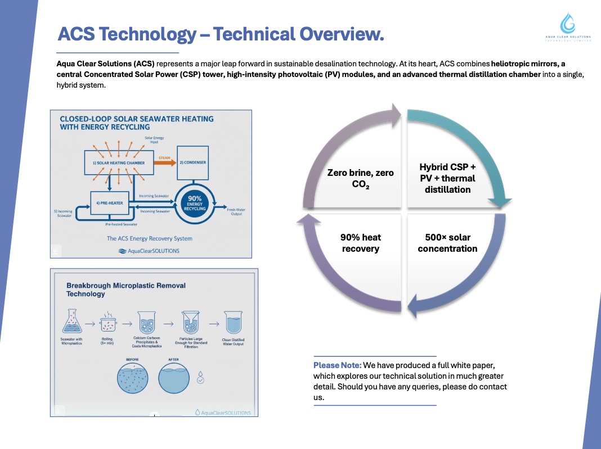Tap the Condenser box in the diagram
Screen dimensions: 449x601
[x=193, y=162]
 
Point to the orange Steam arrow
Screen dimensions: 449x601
[x=165, y=163]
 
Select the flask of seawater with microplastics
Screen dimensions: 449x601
[x=71, y=323]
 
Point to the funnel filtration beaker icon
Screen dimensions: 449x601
[x=190, y=324]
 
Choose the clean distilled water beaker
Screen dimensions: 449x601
[x=233, y=323]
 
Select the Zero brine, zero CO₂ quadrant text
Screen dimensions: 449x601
[x=360, y=178]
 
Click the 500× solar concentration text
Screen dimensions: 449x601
[x=447, y=243]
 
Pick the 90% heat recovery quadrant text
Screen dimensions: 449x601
[x=360, y=243]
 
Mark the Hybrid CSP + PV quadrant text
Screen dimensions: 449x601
[x=447, y=178]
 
